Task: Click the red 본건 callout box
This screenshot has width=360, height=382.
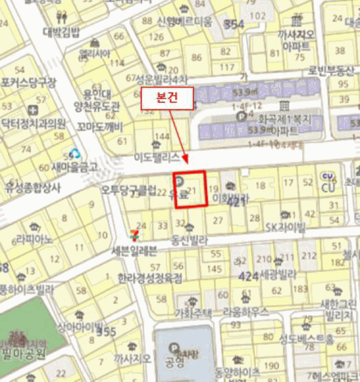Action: tap(168, 99)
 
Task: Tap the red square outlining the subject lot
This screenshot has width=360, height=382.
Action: tap(190, 189)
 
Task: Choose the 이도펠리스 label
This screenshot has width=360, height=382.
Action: tap(157, 157)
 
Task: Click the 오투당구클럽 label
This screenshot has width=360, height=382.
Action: tap(128, 190)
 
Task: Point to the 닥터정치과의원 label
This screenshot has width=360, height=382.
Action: tap(33, 122)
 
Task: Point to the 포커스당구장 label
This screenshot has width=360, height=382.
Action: tap(28, 83)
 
